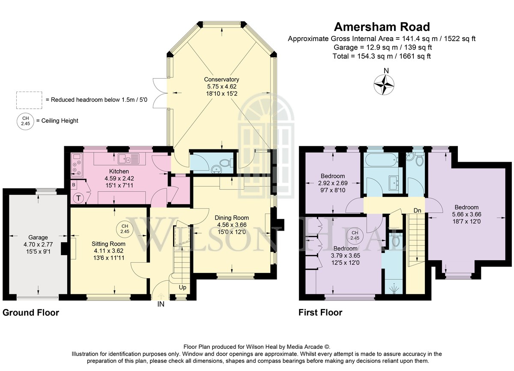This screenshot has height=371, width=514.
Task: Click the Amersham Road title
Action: pyautogui.click(x=382, y=27)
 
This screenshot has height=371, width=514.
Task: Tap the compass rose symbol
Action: pyautogui.click(x=384, y=85)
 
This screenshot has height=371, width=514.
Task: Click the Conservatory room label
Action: pyautogui.click(x=221, y=79)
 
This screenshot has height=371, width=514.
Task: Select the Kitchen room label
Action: pyautogui.click(x=119, y=171)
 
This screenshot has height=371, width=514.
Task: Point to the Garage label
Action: pyautogui.click(x=38, y=237)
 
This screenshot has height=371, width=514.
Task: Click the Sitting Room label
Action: pyautogui.click(x=108, y=244)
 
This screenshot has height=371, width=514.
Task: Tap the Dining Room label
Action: pyautogui.click(x=232, y=218)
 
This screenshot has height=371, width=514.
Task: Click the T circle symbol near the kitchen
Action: pyautogui.click(x=78, y=198)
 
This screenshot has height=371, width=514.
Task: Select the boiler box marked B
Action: pyautogui.click(x=74, y=185)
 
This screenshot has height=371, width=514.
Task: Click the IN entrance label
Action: pyautogui.click(x=161, y=304)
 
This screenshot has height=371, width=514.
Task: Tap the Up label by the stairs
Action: pyautogui.click(x=182, y=287)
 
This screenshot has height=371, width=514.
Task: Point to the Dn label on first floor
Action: pyautogui.click(x=417, y=210)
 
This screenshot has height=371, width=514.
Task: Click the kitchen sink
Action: pyautogui.click(x=128, y=159)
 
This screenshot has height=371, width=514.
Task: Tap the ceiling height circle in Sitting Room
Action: pyautogui.click(x=125, y=229)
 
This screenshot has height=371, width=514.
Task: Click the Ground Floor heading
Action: pyautogui.click(x=31, y=312)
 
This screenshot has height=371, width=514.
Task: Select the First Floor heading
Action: pyautogui.click(x=320, y=312)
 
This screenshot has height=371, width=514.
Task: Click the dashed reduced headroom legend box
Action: pyautogui.click(x=29, y=100)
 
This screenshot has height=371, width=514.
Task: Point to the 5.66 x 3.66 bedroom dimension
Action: pyautogui.click(x=466, y=214)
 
